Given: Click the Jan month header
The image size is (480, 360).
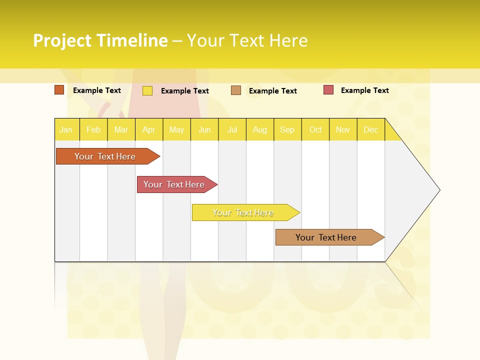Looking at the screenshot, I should (x=66, y=129).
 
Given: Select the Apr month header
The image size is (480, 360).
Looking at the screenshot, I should (x=149, y=129).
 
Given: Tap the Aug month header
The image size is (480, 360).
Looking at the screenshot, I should (x=260, y=129).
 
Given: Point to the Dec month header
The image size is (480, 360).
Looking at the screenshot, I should (x=371, y=129).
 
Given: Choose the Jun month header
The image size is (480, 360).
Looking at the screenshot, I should (x=204, y=129).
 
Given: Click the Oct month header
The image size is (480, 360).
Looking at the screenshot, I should (x=315, y=129).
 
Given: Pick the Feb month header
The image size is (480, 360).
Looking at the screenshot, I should (x=93, y=129).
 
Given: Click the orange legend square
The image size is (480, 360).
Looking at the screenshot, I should (x=59, y=90).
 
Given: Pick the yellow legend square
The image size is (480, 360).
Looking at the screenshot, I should (x=147, y=90).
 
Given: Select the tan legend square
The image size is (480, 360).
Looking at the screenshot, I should (x=236, y=90).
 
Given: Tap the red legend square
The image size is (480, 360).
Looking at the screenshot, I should (x=328, y=90).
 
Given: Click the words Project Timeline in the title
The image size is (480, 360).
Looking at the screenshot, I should (x=100, y=40).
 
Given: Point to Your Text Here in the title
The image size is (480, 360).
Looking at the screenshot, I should (x=247, y=40).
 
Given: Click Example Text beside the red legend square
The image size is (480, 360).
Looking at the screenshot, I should (x=364, y=90).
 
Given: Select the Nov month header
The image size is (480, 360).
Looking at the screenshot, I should (x=343, y=129).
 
